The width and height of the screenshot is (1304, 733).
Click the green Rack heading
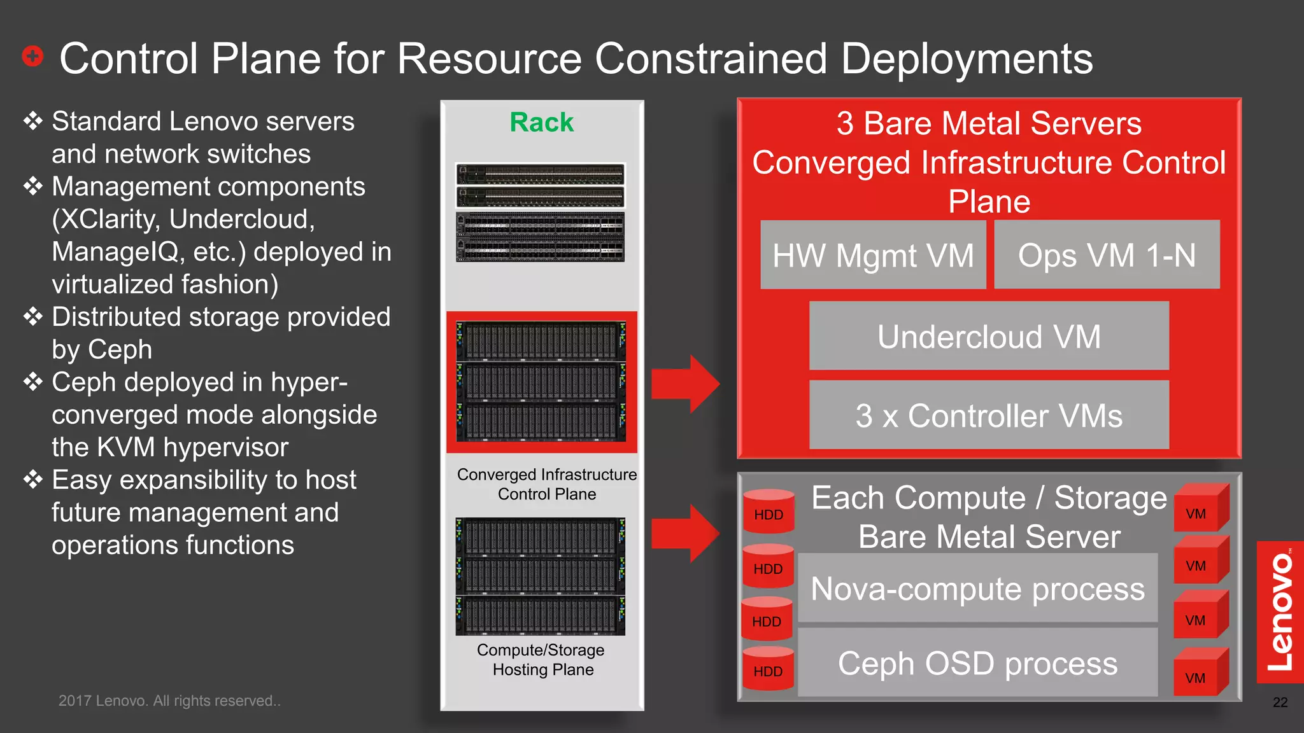tap(541, 122)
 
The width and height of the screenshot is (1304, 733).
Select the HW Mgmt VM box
tap(873, 255)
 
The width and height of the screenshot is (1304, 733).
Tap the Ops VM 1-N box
tap(1107, 255)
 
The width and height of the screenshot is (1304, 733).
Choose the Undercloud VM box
tap(989, 336)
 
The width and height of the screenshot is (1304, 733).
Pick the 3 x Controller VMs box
tap(989, 415)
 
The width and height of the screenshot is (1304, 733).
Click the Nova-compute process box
tap(977, 589)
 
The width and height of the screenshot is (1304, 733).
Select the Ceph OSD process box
tap(977, 663)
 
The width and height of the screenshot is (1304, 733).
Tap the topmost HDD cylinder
tap(769, 512)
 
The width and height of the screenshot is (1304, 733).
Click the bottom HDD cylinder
tap(768, 669)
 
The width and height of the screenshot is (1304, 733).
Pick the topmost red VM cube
tap(1200, 509)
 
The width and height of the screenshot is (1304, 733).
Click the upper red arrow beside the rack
tap(685, 384)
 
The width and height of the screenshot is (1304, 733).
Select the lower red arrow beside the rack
tap(685, 533)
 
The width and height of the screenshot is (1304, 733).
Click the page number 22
tap(1280, 702)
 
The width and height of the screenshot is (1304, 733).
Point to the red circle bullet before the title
tap(32, 57)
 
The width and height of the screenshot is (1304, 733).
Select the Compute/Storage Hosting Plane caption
tap(541, 660)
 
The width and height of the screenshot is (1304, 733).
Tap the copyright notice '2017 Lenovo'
tap(169, 701)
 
